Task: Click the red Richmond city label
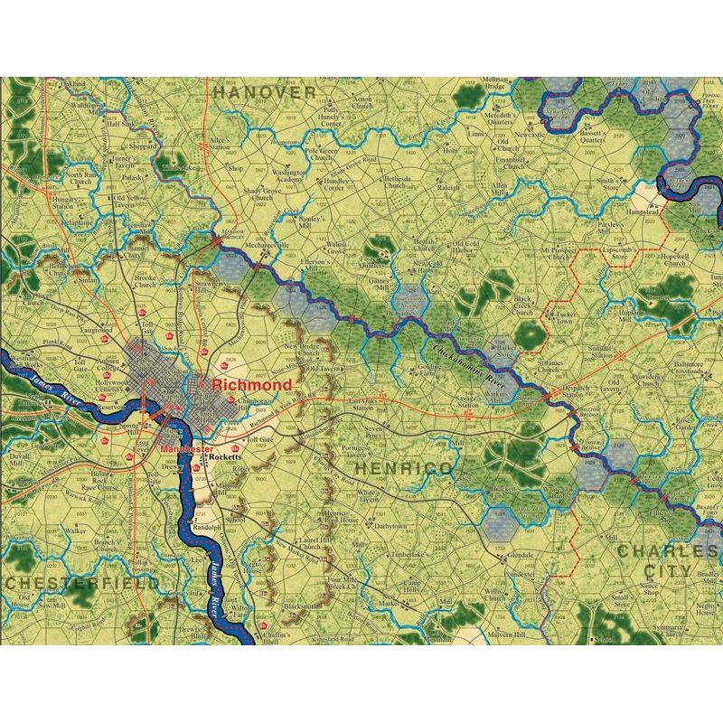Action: pos(252,385)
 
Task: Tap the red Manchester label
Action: pos(186,448)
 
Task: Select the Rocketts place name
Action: pos(222,458)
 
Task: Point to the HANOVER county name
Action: pos(264,92)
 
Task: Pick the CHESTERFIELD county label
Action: pos(81,583)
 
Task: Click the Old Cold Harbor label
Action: pos(465,248)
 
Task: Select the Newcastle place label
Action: pos(531,135)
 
